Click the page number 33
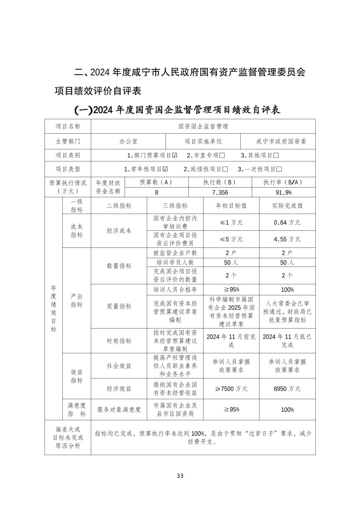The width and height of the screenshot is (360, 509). click(x=180, y=476)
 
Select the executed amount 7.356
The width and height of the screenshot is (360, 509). click(x=220, y=192)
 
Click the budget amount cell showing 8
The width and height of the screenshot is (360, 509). click(x=157, y=192)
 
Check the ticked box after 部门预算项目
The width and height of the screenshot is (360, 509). click(x=175, y=155)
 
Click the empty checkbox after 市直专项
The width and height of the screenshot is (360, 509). click(x=222, y=155)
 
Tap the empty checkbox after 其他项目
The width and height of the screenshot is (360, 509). click(x=276, y=155)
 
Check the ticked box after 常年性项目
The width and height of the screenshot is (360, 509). click(x=165, y=169)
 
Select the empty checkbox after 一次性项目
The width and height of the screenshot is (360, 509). click(x=279, y=169)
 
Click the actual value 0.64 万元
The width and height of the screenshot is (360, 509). click(x=287, y=222)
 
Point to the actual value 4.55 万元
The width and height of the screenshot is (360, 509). click(x=287, y=239)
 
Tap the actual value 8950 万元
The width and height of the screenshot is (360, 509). click(x=287, y=389)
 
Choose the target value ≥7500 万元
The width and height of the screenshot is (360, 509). click(x=231, y=389)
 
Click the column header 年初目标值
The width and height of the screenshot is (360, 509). click(x=231, y=206)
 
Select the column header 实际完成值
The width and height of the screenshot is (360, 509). click(x=287, y=206)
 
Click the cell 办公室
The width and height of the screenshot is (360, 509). click(x=128, y=141)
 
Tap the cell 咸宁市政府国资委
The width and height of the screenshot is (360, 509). click(x=281, y=141)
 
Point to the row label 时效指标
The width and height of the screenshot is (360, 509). click(x=119, y=341)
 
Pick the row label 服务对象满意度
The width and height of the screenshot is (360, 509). click(x=119, y=410)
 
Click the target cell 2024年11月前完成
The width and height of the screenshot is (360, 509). click(x=231, y=341)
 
